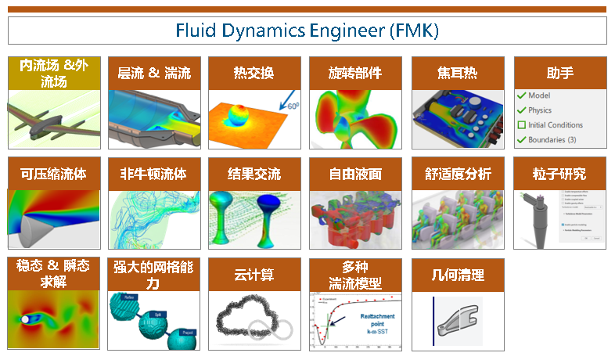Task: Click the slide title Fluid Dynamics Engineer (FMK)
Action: point(307,31)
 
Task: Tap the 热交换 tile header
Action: point(254,74)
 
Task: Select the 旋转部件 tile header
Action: point(354,74)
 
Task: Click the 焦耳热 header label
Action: point(457,74)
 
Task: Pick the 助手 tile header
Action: point(559,74)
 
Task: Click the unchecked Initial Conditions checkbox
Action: point(522,125)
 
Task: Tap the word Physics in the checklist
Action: point(540,110)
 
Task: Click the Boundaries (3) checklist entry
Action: point(552,140)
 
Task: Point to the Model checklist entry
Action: point(539,95)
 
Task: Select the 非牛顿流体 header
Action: point(153,174)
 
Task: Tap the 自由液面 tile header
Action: point(354,174)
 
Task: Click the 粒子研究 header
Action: point(559,174)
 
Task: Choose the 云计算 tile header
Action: point(254,275)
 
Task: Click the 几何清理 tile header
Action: point(457,275)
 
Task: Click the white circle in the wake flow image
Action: point(28,320)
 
